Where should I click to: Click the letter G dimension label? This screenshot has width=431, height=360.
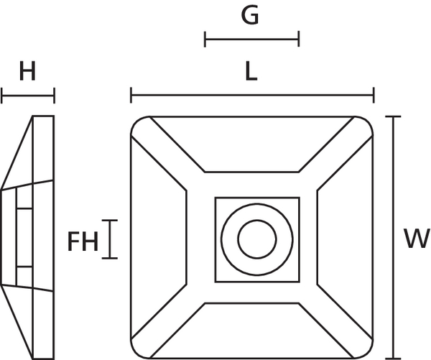pos(250,15)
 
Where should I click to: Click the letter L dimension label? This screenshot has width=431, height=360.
pos(251,71)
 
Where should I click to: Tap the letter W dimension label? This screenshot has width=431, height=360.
pos(416,238)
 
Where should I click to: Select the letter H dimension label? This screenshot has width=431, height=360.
pos(27,72)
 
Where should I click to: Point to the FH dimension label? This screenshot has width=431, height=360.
pos(83,242)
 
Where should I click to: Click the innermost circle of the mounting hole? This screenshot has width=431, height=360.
pos(256,239)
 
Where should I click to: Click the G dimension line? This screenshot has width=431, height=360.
pos(251,39)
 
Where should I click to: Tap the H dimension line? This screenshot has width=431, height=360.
pos(28,95)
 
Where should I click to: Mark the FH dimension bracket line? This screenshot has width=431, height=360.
pos(111,239)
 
